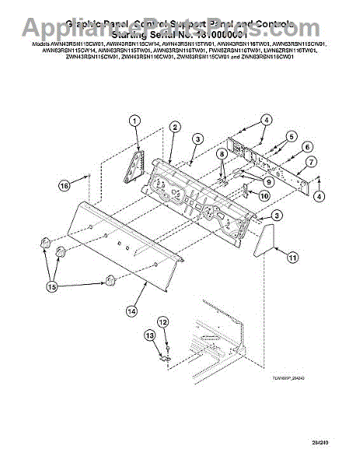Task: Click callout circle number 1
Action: [135, 120]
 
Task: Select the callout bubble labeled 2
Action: [176, 126]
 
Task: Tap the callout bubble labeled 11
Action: [292, 256]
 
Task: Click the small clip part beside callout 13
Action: [163, 358]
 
